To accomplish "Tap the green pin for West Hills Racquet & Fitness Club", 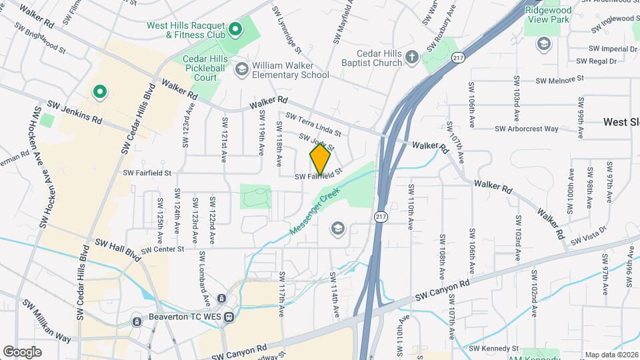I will coord(235,29).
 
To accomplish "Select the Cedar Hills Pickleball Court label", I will coord(201,69).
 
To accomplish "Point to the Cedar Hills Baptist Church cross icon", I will coord(412,57).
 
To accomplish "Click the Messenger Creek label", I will coord(315,210).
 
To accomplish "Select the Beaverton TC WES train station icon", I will coord(229,317).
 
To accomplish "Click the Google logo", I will coord(23,351).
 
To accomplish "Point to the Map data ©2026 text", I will coord(611,354).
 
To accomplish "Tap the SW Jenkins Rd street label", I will coord(74,113).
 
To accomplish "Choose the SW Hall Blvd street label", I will coord(118,249).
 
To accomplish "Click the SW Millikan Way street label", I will coord(47,321).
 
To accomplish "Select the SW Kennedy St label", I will coord(493,348).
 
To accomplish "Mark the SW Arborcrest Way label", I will coord(527,129).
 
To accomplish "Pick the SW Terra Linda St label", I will coord(313,125).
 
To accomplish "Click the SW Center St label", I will coord(161,249).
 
